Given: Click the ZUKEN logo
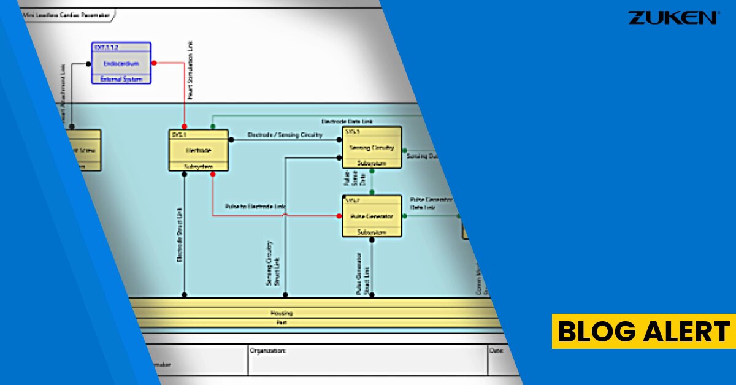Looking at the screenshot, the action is tap(673, 18).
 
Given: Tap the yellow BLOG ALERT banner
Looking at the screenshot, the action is tap(643, 332).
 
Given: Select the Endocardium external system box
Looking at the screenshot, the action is tap(120, 63).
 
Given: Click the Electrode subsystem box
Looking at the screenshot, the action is tap(198, 150).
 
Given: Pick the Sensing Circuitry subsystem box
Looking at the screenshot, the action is tap(372, 147).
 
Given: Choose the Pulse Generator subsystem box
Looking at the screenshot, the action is tap(372, 216).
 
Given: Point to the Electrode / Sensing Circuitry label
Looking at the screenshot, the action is tap(285, 135).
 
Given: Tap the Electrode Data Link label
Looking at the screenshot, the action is tap(347, 121).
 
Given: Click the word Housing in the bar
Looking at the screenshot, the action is tap(282, 313).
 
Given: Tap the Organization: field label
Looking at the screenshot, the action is tap(269, 351).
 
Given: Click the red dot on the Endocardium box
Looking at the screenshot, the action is tap(154, 63).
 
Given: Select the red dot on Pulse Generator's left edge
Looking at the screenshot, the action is tap(339, 216).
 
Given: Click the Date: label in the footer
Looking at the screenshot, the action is tap(496, 351).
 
